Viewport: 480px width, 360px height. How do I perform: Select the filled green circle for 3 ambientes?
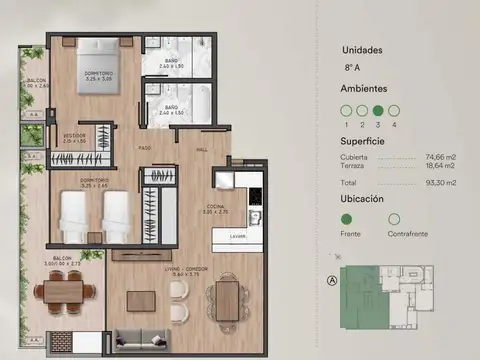pos(378,111)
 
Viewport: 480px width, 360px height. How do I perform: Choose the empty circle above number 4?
pos(394,111)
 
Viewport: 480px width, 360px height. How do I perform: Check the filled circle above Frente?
pos(347,219)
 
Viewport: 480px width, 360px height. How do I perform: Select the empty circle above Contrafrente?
pos(393,219)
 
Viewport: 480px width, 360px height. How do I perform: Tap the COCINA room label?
pos(243,210)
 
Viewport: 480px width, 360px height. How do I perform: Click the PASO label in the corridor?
pos(144,148)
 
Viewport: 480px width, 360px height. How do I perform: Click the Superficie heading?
pos(367,141)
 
